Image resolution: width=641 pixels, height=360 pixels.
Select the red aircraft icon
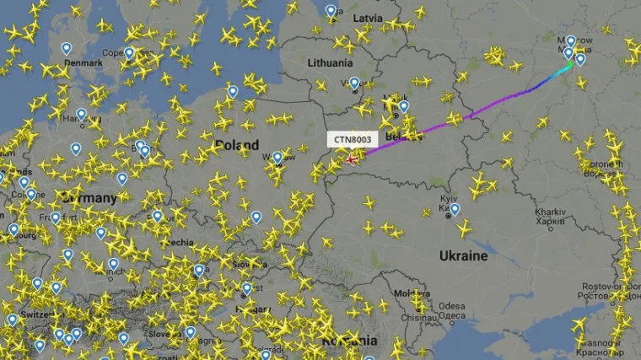click(x=352, y=159)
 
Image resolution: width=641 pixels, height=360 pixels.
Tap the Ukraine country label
click(x=463, y=255)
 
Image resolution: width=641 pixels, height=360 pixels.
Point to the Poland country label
click(x=237, y=145)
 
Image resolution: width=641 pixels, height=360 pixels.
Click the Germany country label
click(x=89, y=198)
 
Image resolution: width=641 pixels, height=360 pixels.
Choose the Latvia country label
click(x=368, y=18)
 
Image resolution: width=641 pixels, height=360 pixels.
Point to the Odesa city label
click(x=451, y=305)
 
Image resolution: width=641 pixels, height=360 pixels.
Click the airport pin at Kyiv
click(x=455, y=208)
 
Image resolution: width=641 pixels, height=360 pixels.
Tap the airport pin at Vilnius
click(x=355, y=83)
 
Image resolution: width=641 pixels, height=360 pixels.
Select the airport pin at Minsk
click(x=403, y=106)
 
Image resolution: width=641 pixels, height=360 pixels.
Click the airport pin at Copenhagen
click(x=129, y=52)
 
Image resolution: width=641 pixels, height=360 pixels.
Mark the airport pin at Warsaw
click(x=277, y=157)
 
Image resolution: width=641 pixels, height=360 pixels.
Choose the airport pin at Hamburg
click(x=81, y=114)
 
